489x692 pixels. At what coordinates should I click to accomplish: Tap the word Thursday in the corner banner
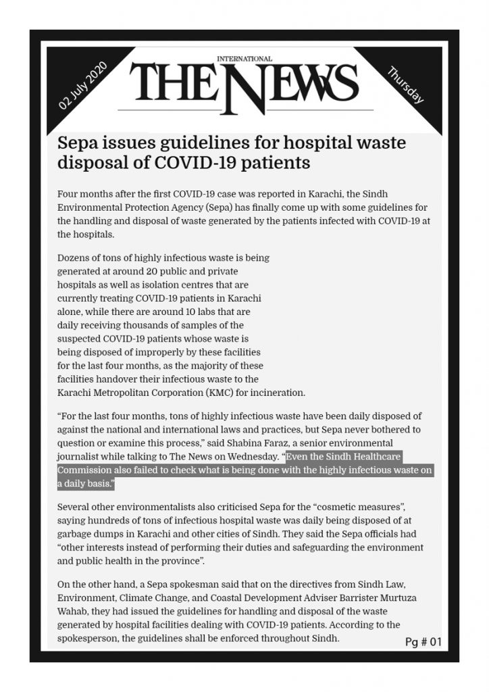pyautogui.click(x=405, y=85)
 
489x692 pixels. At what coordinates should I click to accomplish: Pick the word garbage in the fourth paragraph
pyautogui.click(x=74, y=533)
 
